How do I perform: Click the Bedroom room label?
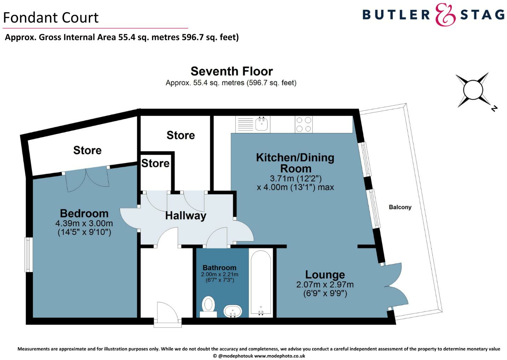coord(84,213)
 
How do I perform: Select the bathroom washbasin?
coord(233,311)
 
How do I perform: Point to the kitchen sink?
coord(261,124)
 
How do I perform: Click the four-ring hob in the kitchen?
coord(304,124)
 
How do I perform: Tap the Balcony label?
coord(400,207)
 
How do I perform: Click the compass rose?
coord(473,90)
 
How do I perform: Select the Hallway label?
coord(186,216)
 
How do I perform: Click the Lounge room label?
coord(325,275)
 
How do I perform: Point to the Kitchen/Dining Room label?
coord(295,163)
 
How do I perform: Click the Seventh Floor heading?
coord(232,71)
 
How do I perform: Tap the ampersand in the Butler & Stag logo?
coord(445,15)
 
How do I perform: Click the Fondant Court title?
coord(51,18)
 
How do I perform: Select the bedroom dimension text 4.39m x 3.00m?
coord(84,223)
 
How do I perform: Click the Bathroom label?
coord(219,268)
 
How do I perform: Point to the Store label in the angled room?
coord(87,150)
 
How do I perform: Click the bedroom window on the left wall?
coord(28,255)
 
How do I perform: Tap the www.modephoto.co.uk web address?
coord(280,356)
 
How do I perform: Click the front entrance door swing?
coord(168,312)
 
